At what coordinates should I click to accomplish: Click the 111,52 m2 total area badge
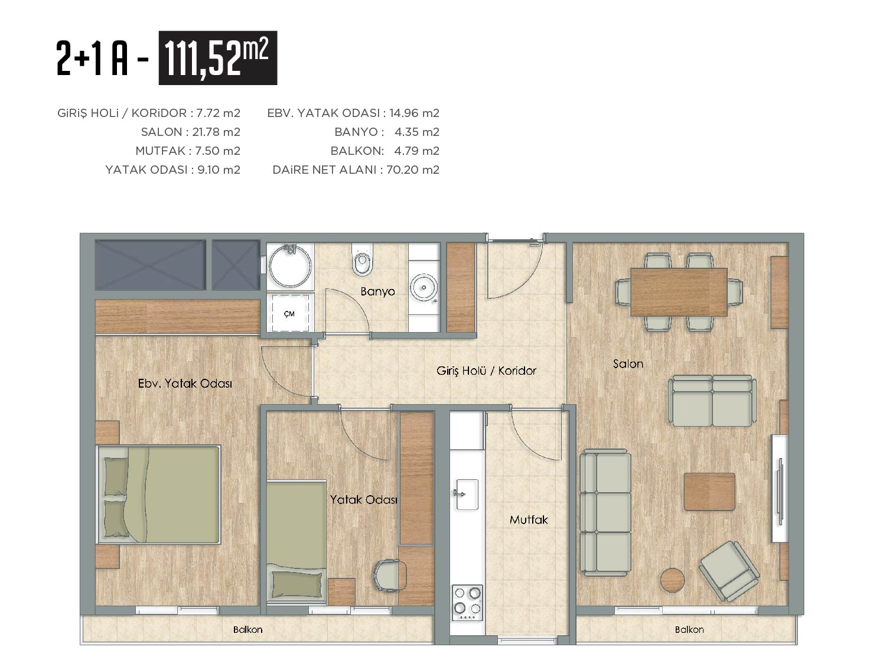point(217,58)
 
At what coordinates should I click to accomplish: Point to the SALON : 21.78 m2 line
point(191,132)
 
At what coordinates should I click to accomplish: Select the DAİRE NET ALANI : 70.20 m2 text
point(356,170)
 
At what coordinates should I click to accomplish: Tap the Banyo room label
point(377,291)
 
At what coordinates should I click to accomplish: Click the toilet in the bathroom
point(362,259)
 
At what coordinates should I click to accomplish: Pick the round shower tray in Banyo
point(290,266)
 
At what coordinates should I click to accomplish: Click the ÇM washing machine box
point(290,313)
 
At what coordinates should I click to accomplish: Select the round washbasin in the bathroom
point(424,288)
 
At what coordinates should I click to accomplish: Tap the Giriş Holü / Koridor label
point(486,370)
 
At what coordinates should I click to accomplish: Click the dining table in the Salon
point(679,292)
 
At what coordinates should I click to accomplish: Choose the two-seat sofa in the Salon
point(712,401)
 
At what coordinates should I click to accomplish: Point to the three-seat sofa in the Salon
point(605,512)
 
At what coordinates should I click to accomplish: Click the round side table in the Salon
point(672,580)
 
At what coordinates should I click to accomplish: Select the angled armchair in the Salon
point(729,571)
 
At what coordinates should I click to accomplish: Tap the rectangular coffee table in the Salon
point(709,492)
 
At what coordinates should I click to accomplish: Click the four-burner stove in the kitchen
point(467,603)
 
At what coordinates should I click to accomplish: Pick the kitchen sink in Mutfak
point(467,494)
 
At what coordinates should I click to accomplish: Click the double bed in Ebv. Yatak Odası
point(159,494)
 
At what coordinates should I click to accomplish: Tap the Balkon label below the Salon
point(689,629)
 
